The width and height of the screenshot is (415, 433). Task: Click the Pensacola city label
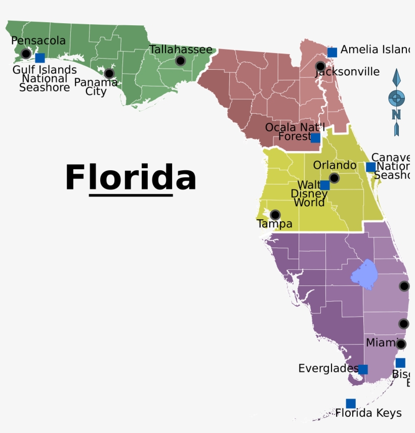pos(38,40)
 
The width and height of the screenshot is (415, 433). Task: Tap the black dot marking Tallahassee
pos(180,61)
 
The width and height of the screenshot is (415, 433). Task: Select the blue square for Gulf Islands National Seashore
pos(40,58)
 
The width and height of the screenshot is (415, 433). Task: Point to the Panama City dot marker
pos(109,73)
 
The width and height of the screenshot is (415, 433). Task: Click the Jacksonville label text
pos(348,72)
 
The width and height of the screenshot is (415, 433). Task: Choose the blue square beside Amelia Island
pos(332,52)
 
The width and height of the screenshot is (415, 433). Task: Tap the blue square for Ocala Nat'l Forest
pos(315,137)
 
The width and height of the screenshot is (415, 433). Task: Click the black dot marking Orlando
pos(334,178)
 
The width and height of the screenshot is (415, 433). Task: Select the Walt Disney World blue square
pos(325,185)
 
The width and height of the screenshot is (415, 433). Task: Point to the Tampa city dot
pos(275,215)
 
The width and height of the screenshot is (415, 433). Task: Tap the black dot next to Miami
pos(401,344)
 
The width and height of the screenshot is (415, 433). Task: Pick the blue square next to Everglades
pos(363,369)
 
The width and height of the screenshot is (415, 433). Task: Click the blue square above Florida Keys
pos(351,403)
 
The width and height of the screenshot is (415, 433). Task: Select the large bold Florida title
pos(131,177)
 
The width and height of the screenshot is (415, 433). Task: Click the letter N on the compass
pos(396,114)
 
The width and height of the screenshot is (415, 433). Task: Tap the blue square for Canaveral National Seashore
pos(370,167)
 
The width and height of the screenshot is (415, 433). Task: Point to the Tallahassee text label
pos(181,50)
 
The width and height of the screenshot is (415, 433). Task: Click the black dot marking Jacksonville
pos(320,66)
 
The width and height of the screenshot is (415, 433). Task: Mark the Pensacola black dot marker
pos(26,53)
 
